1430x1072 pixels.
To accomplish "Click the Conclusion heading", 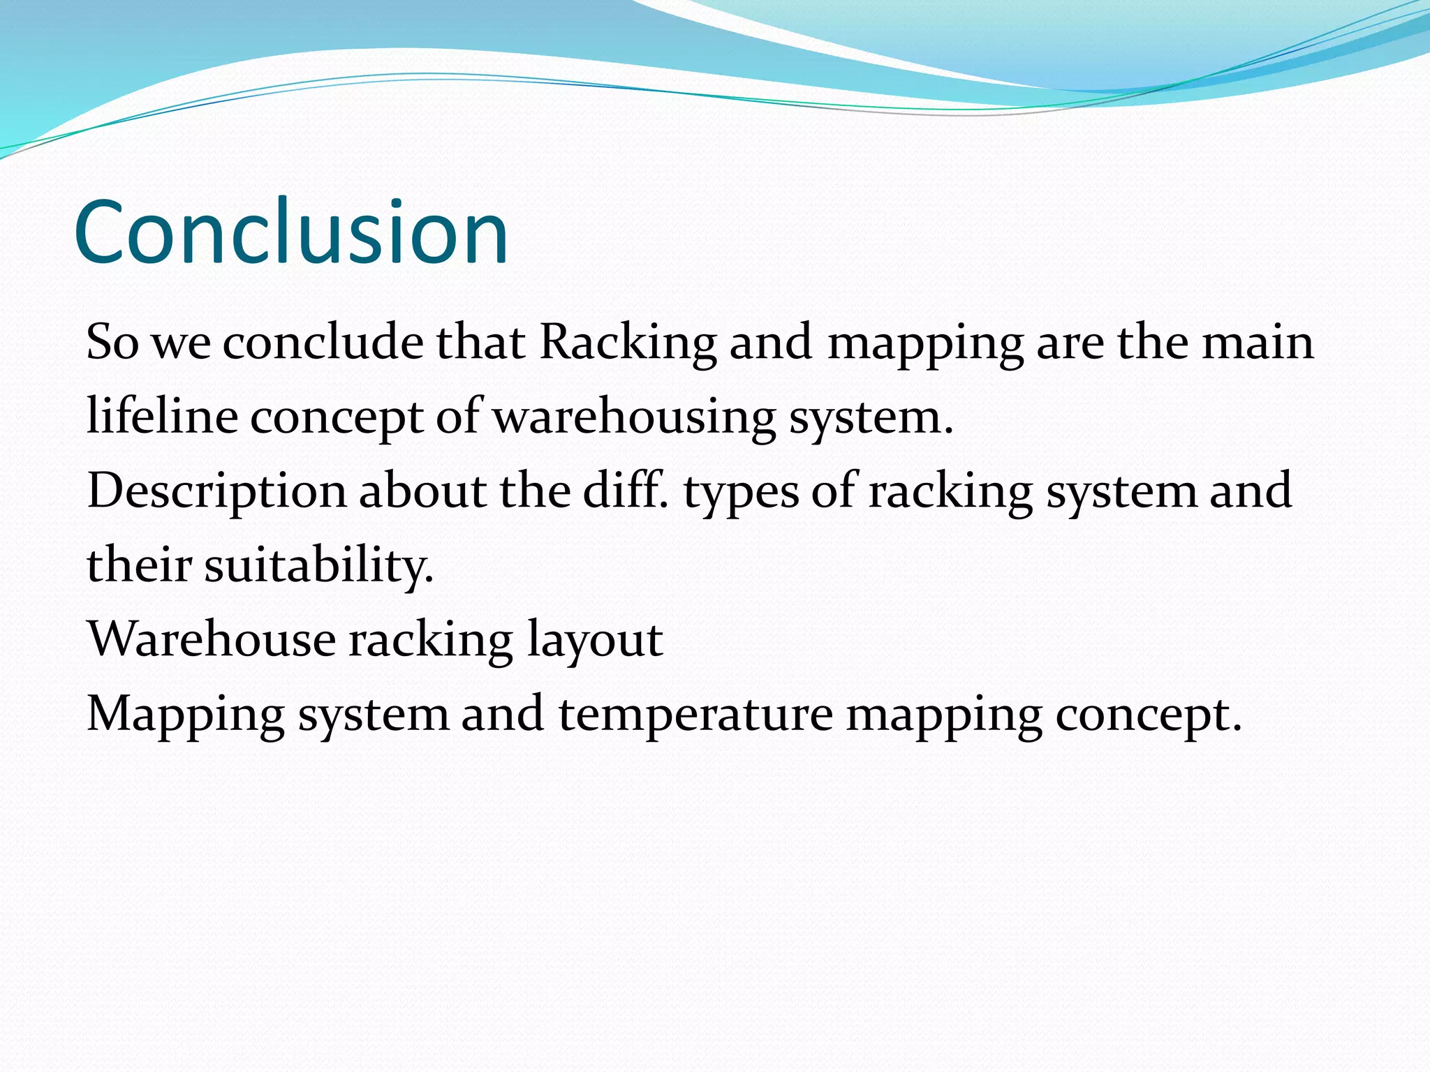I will (290, 232).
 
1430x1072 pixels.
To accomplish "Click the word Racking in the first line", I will (628, 343).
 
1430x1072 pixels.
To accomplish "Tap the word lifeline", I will (162, 417).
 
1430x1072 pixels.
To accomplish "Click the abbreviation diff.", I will (625, 491).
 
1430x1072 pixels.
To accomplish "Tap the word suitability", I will (319, 565).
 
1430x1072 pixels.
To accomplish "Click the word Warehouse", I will (211, 639).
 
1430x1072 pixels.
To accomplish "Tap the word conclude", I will (323, 343).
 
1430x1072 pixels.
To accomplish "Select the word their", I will (139, 565).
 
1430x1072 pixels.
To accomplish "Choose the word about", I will (422, 491).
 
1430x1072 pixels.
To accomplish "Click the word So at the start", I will (112, 343).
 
